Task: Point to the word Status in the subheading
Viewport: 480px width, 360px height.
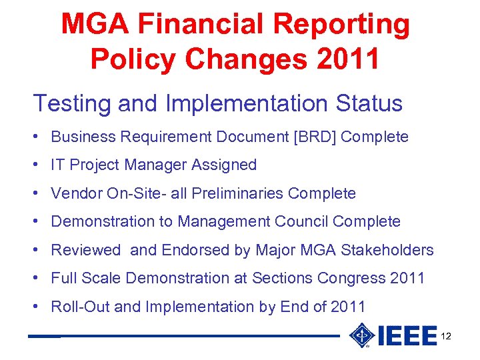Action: coord(369,104)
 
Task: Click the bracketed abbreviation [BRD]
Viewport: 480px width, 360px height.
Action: coord(310,137)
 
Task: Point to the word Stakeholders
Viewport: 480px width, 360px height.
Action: coord(387,250)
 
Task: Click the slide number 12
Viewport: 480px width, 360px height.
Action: coord(446,336)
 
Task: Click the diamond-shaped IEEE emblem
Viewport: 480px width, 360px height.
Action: coord(361,335)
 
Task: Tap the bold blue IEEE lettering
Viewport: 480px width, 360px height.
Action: coord(407,336)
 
